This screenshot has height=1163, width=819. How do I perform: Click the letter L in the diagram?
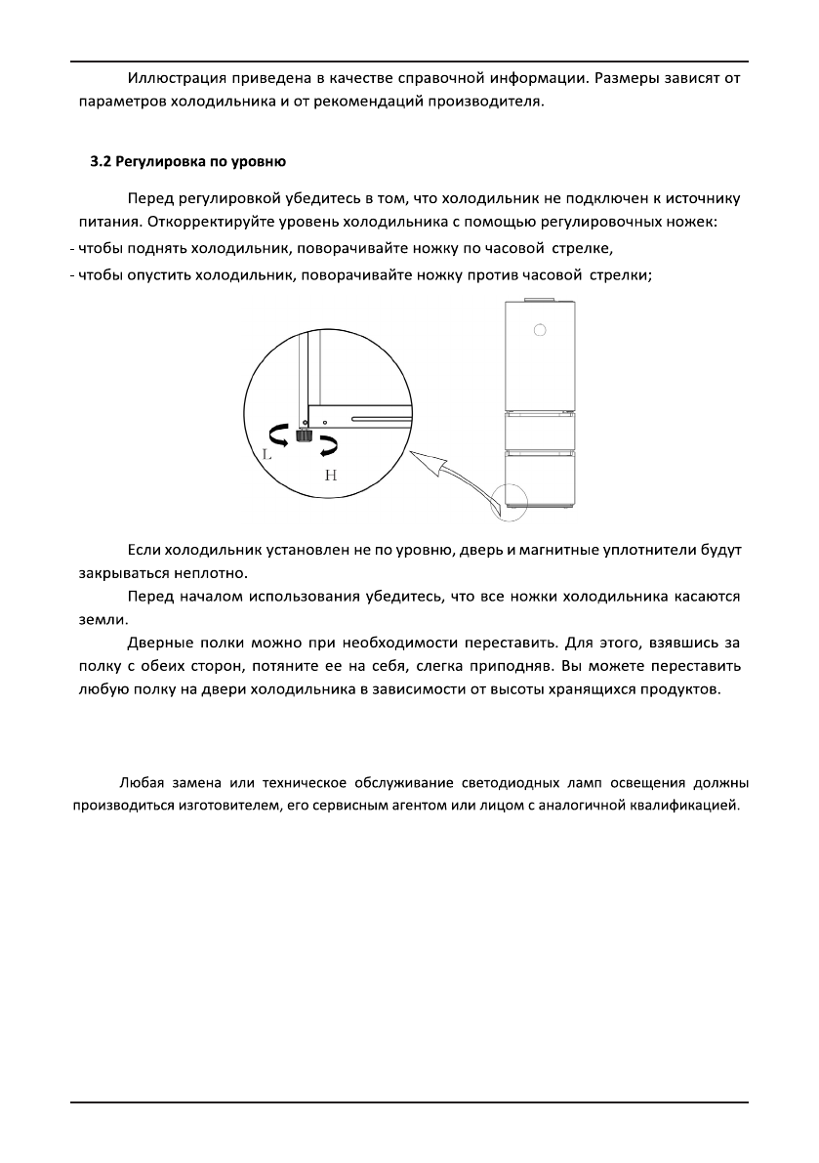click(266, 454)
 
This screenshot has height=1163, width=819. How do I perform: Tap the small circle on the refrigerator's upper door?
click(539, 330)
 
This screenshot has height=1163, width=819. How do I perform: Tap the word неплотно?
click(200, 572)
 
